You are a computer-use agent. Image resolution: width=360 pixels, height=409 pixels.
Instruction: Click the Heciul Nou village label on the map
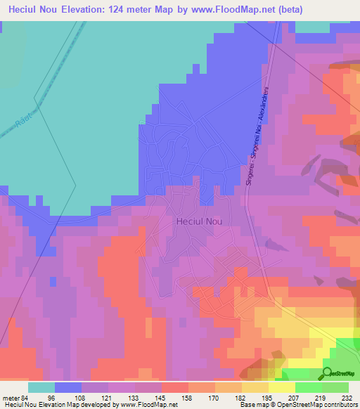click(198, 221)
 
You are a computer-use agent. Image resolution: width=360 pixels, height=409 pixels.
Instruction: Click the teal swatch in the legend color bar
click(41, 387)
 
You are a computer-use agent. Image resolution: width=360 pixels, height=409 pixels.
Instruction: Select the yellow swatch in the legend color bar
click(281, 387)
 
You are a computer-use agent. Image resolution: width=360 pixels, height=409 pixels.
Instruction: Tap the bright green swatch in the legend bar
click(308, 387)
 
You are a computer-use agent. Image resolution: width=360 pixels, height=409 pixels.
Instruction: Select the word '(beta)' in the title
click(333, 10)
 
